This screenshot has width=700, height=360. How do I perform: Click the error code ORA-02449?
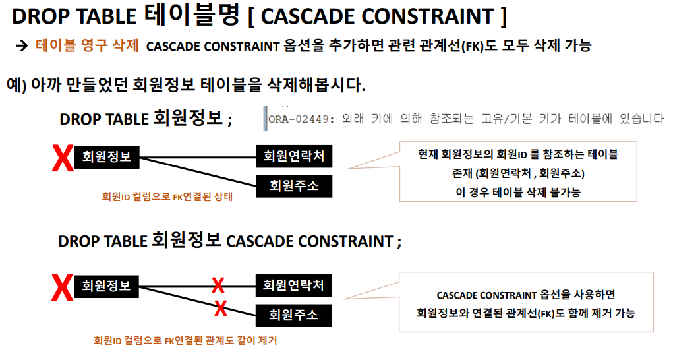301,119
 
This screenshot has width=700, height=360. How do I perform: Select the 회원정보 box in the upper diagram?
107,157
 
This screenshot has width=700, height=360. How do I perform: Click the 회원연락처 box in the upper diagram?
294,157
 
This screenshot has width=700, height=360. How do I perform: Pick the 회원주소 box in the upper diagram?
294,186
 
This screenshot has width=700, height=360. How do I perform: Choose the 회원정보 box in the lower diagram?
107,286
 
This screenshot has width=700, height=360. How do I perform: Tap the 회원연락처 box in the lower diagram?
293,285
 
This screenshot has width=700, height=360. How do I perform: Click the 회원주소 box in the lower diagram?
293,315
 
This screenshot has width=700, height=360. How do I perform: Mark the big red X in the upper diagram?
63,159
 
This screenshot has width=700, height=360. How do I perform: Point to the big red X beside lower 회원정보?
63,288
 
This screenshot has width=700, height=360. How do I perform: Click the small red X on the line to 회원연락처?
218,285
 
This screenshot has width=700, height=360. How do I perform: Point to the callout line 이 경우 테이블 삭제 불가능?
517,192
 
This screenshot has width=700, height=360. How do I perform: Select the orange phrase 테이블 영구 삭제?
87,47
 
